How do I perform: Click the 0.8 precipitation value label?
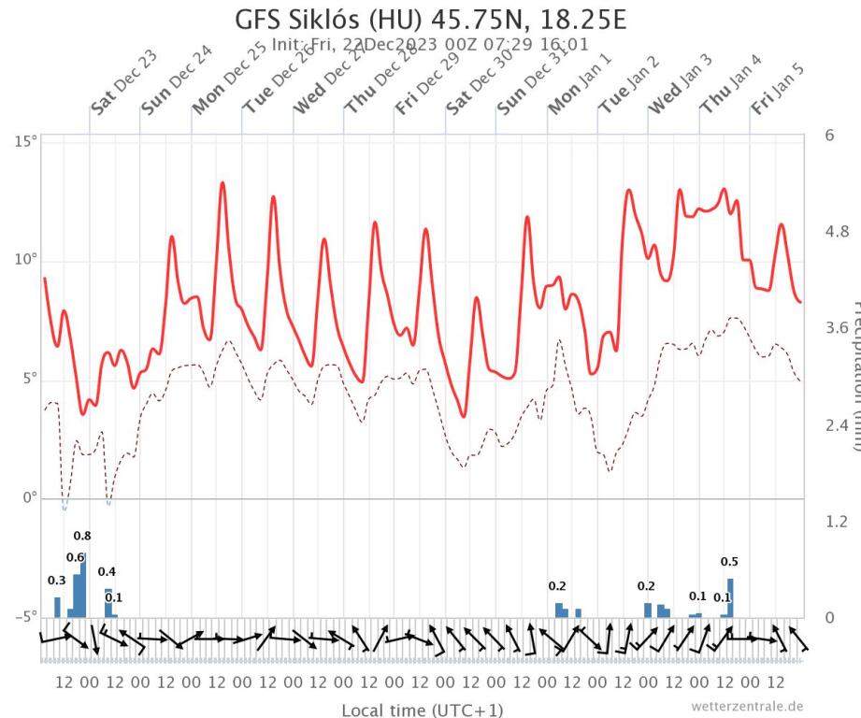[x=82, y=536]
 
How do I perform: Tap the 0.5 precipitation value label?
[x=730, y=562]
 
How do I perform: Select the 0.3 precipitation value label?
[x=57, y=581]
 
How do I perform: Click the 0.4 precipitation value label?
[x=107, y=571]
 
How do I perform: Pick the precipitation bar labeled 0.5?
[x=730, y=597]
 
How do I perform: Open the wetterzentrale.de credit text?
[x=747, y=705]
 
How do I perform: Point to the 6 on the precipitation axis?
[x=829, y=135]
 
